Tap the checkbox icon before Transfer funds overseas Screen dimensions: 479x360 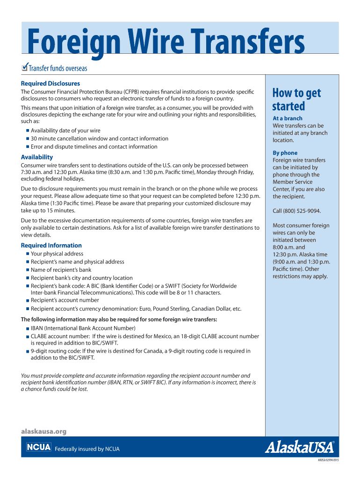pyautogui.click(x=25, y=68)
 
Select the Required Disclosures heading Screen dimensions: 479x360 pyautogui.click(x=50, y=83)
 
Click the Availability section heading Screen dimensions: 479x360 pyautogui.click(x=37, y=157)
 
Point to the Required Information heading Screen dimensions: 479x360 pyautogui.click(x=51, y=245)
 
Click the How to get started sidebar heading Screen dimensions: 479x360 pyautogui.click(x=296, y=99)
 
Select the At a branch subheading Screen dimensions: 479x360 pyautogui.click(x=288, y=118)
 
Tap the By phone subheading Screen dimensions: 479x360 pyautogui.click(x=285, y=153)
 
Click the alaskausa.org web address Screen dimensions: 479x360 pyautogui.click(x=44, y=431)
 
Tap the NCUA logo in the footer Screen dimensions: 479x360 pyautogui.click(x=38, y=448)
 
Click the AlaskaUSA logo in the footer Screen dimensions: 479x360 pyautogui.click(x=300, y=448)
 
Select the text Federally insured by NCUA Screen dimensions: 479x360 pyautogui.click(x=87, y=449)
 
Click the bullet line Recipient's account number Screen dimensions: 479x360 pyautogui.click(x=65, y=300)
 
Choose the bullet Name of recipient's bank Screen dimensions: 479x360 pyautogui.click(x=61, y=270)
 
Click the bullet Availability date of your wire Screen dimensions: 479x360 pyautogui.click(x=65, y=131)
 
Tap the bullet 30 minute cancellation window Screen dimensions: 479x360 pyautogui.click(x=99, y=138)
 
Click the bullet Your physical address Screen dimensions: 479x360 pyautogui.click(x=57, y=254)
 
